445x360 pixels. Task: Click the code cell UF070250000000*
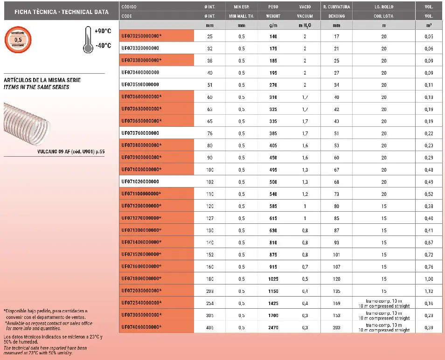[x=141, y=36]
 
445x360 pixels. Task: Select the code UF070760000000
[x=140, y=133]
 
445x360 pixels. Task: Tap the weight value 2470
[x=273, y=328]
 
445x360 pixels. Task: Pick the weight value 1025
[x=273, y=279]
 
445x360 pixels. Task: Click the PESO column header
[x=273, y=7]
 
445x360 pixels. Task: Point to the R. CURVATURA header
[x=336, y=7]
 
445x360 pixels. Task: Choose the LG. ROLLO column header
[x=384, y=7]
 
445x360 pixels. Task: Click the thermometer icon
[x=86, y=39]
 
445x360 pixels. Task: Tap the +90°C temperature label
[x=103, y=31]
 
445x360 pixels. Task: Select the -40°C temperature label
[x=103, y=46]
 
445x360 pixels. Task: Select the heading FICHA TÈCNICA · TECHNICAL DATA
[x=55, y=12]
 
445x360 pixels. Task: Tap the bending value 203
[x=337, y=328]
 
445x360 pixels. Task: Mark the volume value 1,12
[x=429, y=291]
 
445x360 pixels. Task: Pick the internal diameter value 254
[x=209, y=304]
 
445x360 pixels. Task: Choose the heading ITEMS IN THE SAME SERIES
[x=36, y=88]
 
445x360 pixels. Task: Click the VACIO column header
[x=305, y=7]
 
